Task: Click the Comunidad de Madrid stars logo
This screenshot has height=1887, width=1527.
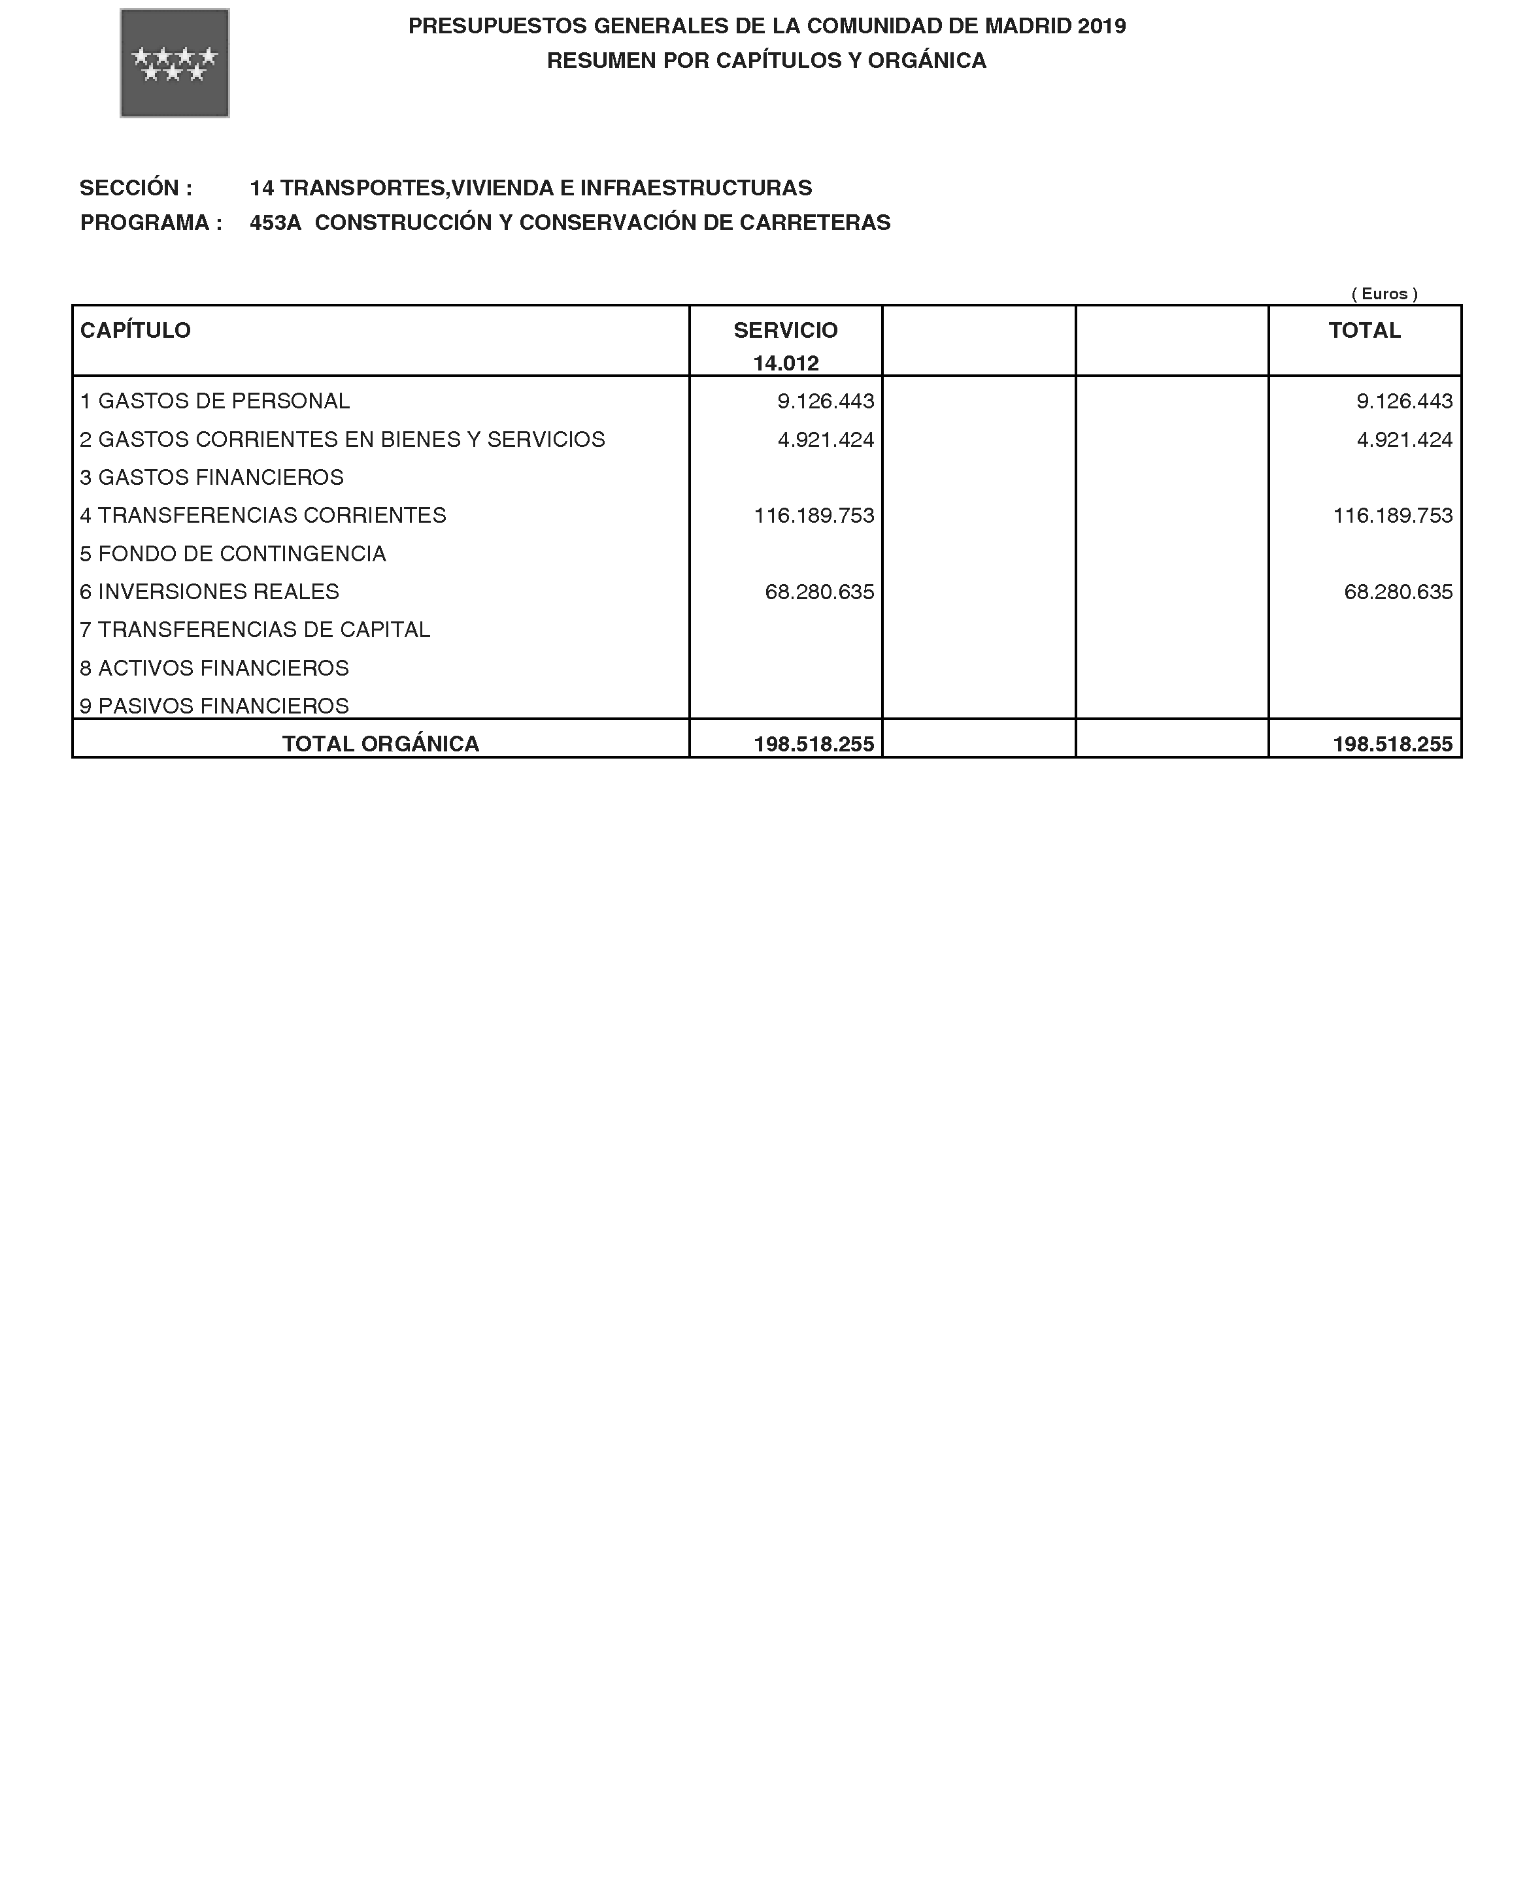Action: click(174, 63)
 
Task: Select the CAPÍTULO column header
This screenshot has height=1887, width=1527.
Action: click(135, 331)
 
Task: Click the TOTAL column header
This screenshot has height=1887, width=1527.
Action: click(1364, 331)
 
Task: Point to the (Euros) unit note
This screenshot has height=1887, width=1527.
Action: click(1384, 293)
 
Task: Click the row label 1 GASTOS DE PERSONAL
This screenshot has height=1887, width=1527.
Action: click(214, 401)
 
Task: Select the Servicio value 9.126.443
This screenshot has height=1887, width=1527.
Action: click(825, 401)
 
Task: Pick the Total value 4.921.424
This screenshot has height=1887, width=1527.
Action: click(1404, 440)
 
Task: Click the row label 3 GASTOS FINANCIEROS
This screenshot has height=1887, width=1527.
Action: click(212, 478)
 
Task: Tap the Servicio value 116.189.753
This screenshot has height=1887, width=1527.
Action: click(814, 516)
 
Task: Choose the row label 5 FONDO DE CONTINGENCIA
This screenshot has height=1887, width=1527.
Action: click(233, 554)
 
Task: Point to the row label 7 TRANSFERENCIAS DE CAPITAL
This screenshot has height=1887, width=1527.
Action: click(255, 630)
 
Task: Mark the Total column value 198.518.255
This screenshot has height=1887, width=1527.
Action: click(1392, 744)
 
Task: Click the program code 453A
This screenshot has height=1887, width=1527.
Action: click(275, 222)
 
